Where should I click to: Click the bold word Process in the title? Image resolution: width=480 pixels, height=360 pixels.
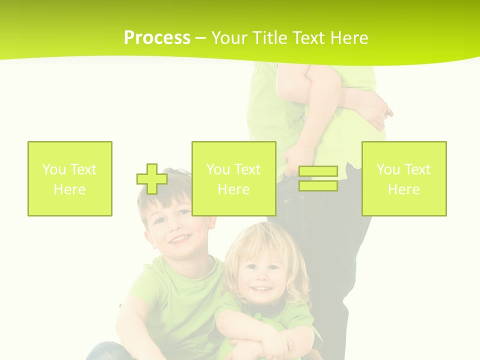[157, 38]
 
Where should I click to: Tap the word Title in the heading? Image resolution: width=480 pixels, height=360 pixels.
[270, 38]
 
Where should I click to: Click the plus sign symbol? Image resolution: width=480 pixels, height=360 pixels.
[152, 179]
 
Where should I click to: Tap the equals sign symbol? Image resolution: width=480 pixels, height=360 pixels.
[318, 179]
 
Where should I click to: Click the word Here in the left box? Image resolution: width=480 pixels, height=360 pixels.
[69, 189]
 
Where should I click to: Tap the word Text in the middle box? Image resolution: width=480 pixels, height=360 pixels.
[247, 169]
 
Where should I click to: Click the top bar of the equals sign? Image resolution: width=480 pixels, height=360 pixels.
[318, 172]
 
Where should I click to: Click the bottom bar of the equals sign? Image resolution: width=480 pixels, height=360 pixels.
[318, 185]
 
